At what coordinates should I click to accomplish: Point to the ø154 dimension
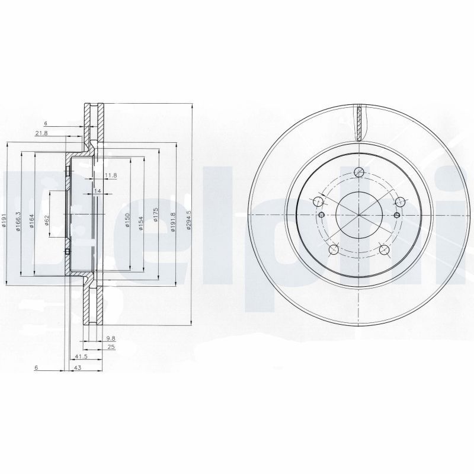[141, 222]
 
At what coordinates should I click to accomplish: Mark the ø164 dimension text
[31, 222]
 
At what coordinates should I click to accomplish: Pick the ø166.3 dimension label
[18, 222]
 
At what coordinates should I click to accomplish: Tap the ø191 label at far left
[4, 222]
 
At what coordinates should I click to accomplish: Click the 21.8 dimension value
[41, 133]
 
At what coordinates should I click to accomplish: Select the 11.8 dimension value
[110, 175]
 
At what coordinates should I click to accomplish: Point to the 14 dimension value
[98, 191]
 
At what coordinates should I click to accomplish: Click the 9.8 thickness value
[110, 338]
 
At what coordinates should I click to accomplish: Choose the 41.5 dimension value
[81, 357]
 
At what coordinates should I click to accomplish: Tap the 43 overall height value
[76, 368]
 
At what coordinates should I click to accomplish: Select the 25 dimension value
[110, 347]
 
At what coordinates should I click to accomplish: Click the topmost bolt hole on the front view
[358, 173]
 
